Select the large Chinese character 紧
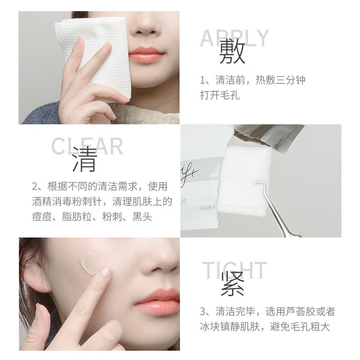233,284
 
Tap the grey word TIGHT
234,270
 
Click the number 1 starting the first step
203,81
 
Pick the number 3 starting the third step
203,311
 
